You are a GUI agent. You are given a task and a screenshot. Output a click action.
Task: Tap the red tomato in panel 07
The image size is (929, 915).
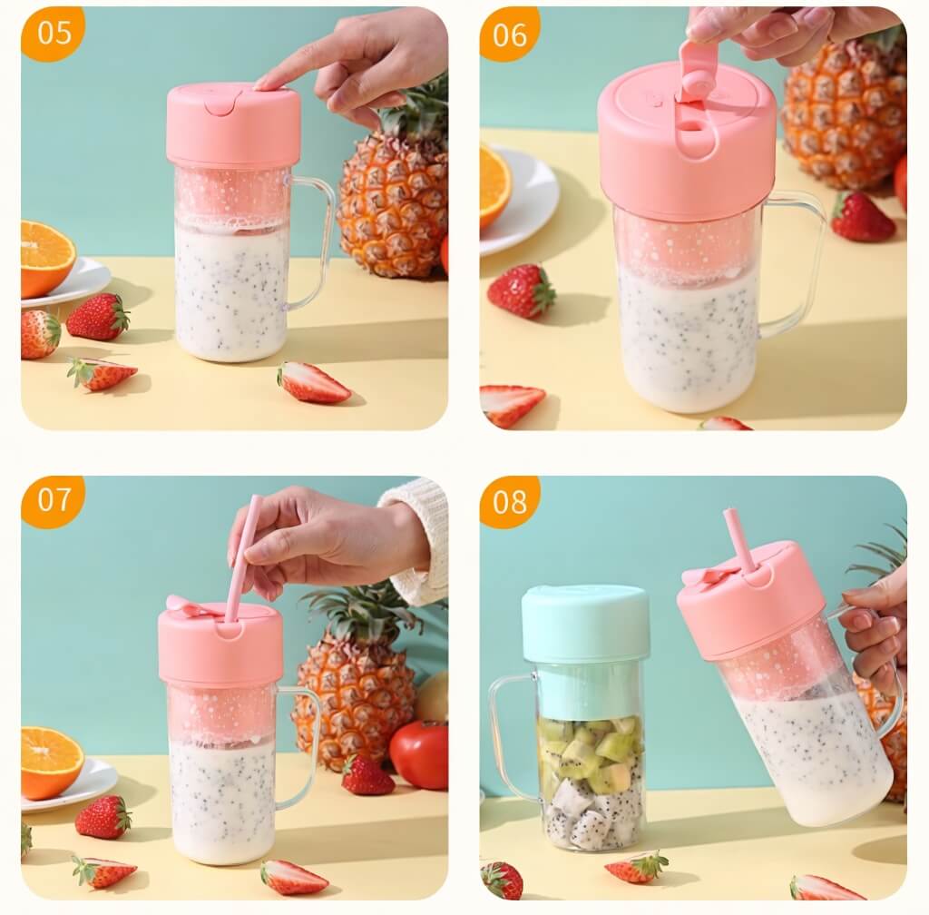point(419,754)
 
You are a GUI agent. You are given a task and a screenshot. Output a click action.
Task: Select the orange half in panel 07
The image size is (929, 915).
point(51,762)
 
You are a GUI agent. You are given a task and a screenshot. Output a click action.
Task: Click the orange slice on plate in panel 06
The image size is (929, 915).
point(494,187)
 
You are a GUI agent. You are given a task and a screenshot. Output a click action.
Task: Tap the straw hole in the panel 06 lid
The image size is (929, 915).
point(690,126)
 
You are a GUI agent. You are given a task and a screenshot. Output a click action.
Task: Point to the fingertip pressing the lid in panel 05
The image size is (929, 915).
point(265,84)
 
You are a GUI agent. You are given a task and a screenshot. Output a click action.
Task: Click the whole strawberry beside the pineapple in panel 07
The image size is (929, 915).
point(367,775)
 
